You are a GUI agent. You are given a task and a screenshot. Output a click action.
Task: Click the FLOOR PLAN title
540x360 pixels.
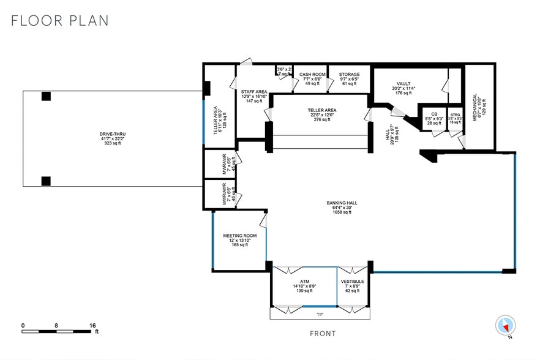[60, 20]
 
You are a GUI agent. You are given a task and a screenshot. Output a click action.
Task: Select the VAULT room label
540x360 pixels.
[403, 83]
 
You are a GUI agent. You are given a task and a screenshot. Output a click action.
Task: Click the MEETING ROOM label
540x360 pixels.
[239, 236]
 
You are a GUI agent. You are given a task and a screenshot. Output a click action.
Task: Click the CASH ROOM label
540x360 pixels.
[312, 75]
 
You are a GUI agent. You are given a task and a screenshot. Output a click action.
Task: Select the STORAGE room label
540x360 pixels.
[350, 75]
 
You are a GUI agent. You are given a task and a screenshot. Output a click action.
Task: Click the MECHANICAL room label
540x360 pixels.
[474, 104]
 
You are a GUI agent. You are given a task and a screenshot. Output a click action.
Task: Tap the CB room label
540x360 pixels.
[433, 114]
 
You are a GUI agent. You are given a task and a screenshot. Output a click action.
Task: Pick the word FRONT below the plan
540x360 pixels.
[322, 334]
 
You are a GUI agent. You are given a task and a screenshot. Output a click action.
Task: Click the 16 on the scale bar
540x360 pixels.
[94, 326]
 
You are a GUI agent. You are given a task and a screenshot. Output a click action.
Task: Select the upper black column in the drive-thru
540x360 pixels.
[46, 96]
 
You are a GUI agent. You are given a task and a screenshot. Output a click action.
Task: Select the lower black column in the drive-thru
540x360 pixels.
[46, 181]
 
